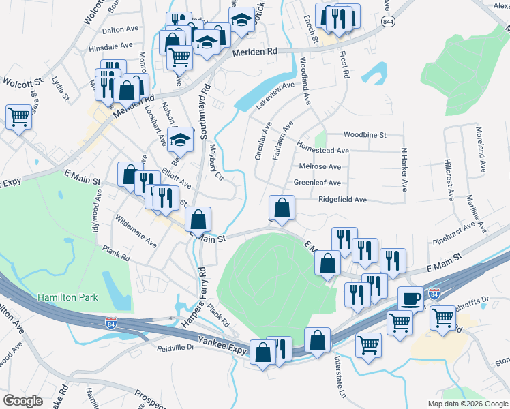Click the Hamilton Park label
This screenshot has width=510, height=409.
pyautogui.click(x=68, y=297)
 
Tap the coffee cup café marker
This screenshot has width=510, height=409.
pyautogui.click(x=411, y=299)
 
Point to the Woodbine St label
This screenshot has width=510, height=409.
pyautogui.click(x=365, y=135)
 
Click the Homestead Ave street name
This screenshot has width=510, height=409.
pyautogui.click(x=323, y=149)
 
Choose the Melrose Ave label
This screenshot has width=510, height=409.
pyautogui.click(x=320, y=166)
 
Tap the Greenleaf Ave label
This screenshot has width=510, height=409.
pyautogui.click(x=317, y=183)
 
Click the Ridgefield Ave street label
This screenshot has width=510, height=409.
pyautogui.click(x=343, y=200)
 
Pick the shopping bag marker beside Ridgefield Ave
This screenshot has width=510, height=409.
pyautogui.click(x=282, y=209)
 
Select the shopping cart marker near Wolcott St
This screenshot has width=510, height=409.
pyautogui.click(x=18, y=117)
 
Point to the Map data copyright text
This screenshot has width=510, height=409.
pyautogui.click(x=468, y=404)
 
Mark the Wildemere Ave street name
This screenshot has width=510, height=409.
pyautogui.click(x=136, y=232)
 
